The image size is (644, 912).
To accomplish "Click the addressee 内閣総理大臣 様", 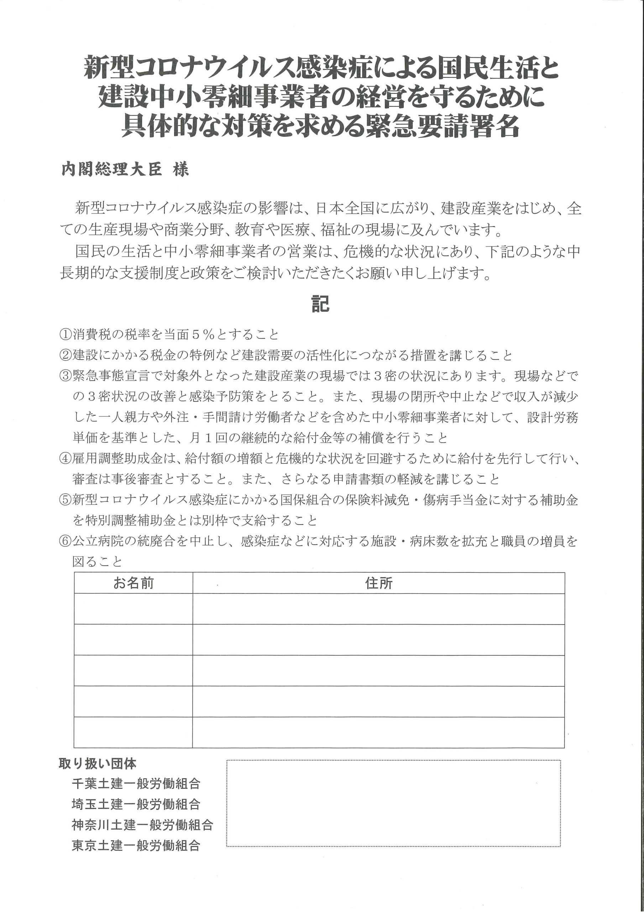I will pos(125,170).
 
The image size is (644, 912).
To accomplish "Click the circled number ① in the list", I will pos(65,335).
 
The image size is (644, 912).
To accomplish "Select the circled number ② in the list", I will pos(65,355).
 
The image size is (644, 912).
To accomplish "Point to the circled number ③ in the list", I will pos(65,376).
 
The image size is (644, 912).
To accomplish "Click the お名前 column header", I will pos(133,583).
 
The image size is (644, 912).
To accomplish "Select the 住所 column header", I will pos(378,583).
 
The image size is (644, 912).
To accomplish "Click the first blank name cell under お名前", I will pos(133,609).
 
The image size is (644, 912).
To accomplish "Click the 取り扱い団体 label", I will pos(98,763).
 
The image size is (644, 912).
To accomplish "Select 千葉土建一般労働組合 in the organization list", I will pos(136,784).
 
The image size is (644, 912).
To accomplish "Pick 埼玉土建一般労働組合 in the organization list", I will pos(136,804).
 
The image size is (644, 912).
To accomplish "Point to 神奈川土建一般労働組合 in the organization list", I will pos(142,825).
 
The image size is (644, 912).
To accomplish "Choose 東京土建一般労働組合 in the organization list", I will pos(136,846).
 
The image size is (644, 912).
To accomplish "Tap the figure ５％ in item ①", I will pos(204,335).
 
